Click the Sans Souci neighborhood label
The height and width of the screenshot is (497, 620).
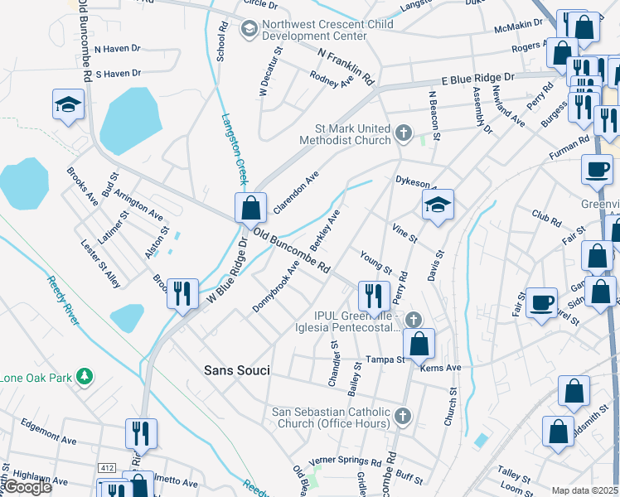click(x=236, y=370)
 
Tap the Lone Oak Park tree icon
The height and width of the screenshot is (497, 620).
click(x=83, y=377)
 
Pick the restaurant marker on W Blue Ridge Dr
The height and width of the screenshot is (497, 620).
click(x=182, y=293)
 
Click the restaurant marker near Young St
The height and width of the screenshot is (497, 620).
click(x=374, y=295)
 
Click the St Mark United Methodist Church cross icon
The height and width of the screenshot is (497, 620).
click(x=403, y=133)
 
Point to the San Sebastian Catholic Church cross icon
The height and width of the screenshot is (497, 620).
click(x=403, y=416)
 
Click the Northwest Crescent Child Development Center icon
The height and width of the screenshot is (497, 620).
click(x=248, y=30)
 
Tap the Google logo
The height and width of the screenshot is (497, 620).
click(x=27, y=487)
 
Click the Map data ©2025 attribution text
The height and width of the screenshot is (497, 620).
click(x=584, y=490)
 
